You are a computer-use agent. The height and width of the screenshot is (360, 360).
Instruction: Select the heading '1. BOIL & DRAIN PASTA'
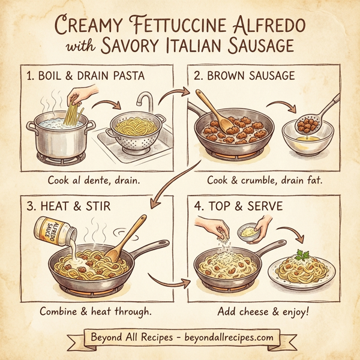pos(84,76)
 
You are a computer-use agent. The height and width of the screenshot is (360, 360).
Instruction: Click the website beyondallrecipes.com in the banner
pos(225,337)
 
